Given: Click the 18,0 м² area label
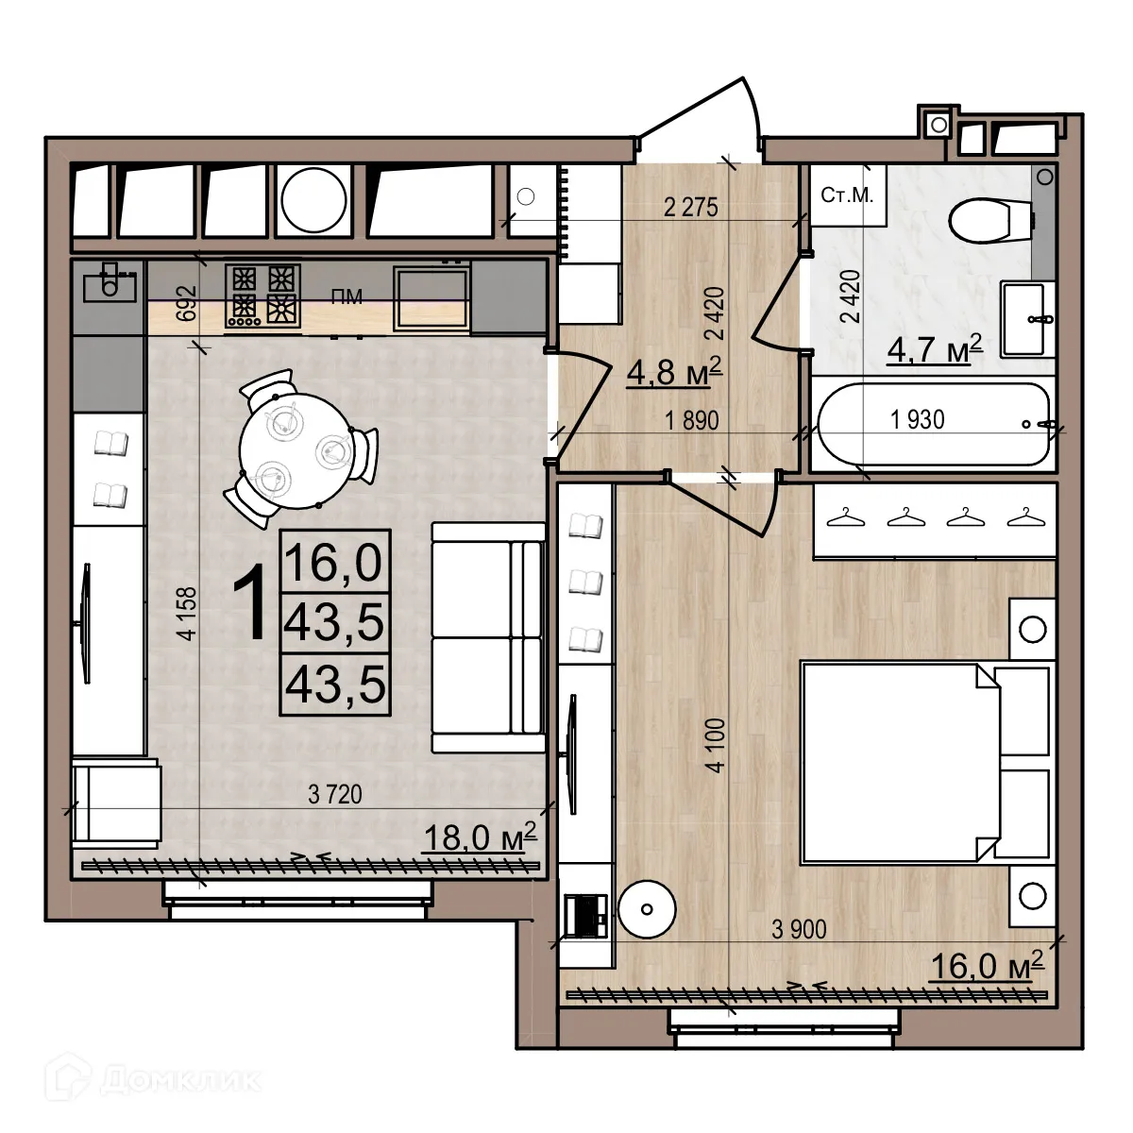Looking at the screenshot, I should (479, 837).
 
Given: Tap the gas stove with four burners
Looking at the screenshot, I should (262, 295).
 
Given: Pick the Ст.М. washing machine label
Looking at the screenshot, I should (847, 196).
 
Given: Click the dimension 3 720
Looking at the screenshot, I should (335, 796).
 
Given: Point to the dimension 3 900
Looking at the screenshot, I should (798, 929).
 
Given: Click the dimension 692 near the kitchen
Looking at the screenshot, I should (186, 304).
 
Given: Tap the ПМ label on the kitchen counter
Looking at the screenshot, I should (347, 297).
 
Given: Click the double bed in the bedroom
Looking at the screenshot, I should (925, 763).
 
